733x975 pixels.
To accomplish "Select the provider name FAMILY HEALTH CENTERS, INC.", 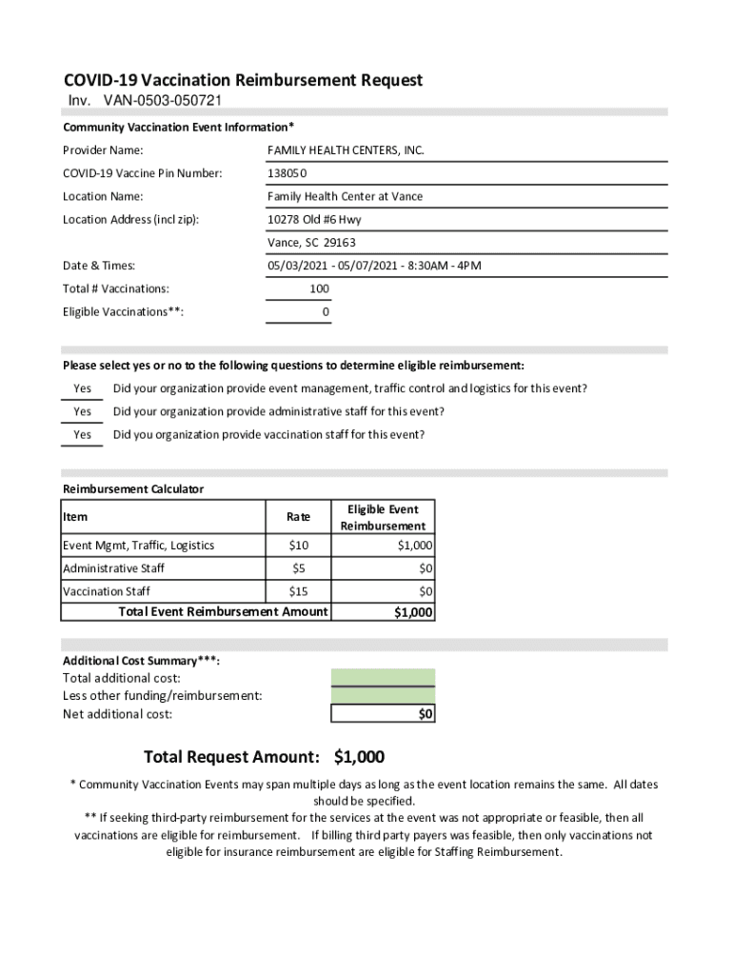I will click(346, 150).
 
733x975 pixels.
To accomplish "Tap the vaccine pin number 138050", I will click(287, 173).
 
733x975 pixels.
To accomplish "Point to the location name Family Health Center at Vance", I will click(345, 196).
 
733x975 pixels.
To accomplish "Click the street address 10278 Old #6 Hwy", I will click(314, 219).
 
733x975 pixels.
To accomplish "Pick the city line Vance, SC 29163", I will click(311, 242).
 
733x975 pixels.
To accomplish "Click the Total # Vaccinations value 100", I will click(319, 289).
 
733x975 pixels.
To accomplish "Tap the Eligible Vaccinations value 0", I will click(326, 311).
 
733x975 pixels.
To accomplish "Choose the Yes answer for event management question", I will click(83, 388).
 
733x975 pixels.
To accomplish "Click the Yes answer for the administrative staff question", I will click(83, 411).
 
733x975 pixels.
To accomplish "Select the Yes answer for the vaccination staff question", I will click(83, 434).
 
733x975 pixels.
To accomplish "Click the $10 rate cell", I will click(298, 546).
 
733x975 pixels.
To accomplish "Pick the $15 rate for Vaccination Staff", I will click(298, 591).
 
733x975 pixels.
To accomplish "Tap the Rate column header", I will click(298, 517).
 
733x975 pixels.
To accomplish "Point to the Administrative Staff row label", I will click(113, 568).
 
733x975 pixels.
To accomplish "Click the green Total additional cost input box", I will click(383, 678).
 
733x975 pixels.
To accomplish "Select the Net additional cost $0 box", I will click(383, 714).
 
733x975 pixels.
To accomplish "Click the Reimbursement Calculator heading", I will click(133, 489).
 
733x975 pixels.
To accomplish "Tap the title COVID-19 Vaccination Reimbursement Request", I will click(243, 80).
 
